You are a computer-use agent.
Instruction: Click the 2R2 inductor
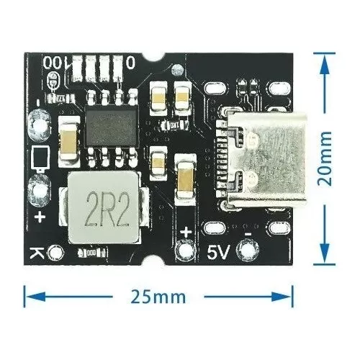(104, 208)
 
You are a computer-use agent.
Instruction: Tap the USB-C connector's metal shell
(267, 159)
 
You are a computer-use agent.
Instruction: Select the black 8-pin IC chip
(112, 126)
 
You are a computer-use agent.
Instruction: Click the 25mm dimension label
(158, 297)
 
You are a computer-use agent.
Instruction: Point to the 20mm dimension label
(325, 158)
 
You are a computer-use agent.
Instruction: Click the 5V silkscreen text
(219, 252)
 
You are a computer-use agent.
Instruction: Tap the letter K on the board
(37, 253)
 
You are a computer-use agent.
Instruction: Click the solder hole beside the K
(56, 253)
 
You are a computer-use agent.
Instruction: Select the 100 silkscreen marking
(55, 62)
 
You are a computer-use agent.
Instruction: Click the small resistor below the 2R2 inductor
(91, 253)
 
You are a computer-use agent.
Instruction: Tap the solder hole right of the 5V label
(248, 251)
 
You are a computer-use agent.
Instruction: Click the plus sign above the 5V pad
(186, 233)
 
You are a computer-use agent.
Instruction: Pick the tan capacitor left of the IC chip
(69, 142)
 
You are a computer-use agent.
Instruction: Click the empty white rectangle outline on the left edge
(40, 157)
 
